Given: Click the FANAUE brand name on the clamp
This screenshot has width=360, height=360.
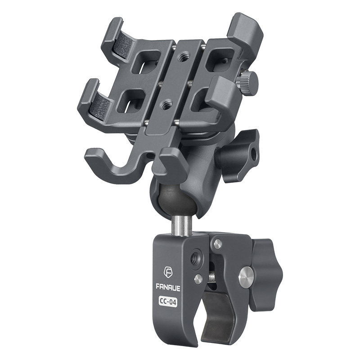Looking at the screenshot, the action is tap(168, 288).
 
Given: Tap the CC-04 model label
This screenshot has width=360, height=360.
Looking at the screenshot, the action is tap(168, 301).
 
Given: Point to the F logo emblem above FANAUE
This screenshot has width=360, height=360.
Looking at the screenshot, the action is tap(168, 273).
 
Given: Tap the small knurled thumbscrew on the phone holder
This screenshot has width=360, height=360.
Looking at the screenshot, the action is tap(247, 84).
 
